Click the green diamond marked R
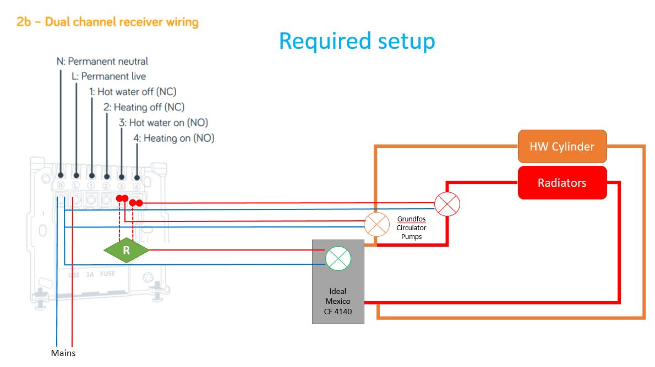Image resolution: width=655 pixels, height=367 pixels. click(x=126, y=251)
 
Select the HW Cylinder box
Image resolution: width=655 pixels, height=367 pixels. click(x=561, y=147)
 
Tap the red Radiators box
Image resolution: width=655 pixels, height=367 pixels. click(x=561, y=182)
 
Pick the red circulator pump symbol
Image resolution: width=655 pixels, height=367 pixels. click(x=447, y=204)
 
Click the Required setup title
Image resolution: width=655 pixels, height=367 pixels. click(x=357, y=41)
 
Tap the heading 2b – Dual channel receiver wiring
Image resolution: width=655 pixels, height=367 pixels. click(x=107, y=22)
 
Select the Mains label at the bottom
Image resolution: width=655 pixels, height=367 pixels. click(x=63, y=353)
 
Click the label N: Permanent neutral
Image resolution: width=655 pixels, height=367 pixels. click(x=102, y=61)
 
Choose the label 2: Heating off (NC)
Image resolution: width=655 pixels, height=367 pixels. click(x=144, y=107)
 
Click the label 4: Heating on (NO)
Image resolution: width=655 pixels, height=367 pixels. click(x=174, y=138)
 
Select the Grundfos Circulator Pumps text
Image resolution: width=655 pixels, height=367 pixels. click(x=411, y=227)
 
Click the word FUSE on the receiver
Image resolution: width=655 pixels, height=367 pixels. click(x=107, y=273)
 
